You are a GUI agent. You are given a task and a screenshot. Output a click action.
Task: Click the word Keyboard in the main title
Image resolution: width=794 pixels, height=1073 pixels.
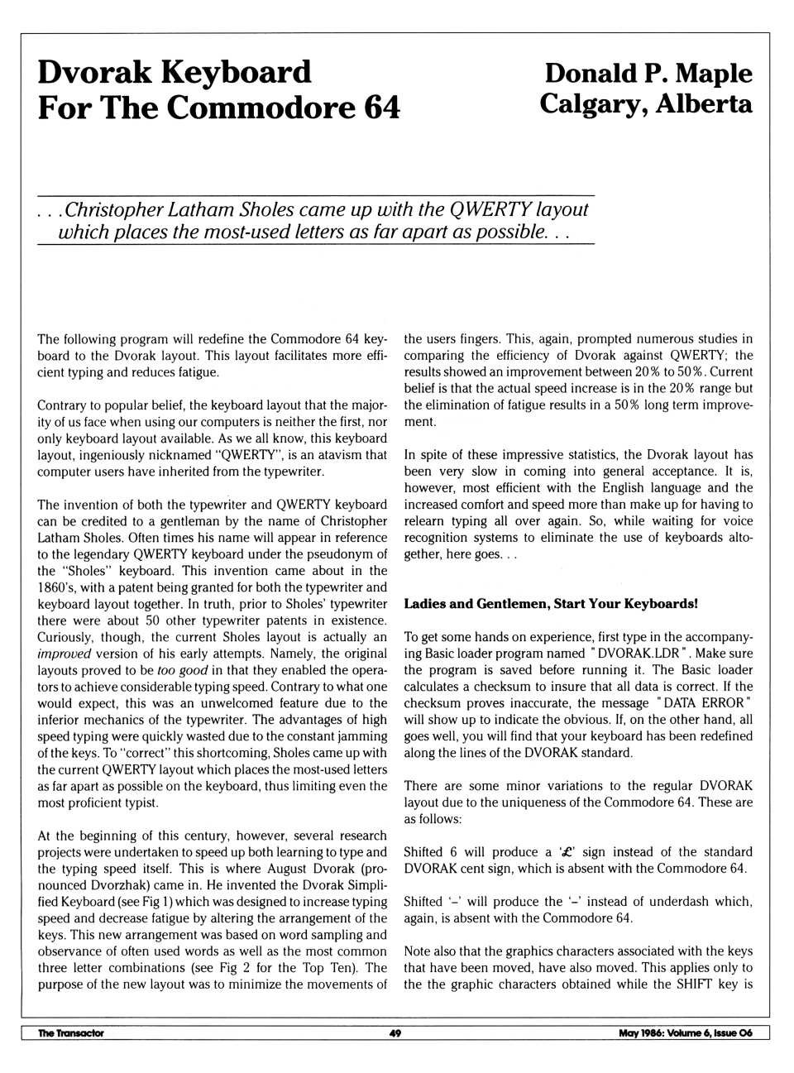(x=235, y=72)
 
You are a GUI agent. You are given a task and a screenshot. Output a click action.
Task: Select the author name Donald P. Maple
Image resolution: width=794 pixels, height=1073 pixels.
(x=648, y=73)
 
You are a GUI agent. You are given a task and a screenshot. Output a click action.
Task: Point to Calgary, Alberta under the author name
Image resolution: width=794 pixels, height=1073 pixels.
(x=646, y=104)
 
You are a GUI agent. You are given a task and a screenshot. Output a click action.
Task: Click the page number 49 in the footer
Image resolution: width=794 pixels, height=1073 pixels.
(x=395, y=1032)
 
